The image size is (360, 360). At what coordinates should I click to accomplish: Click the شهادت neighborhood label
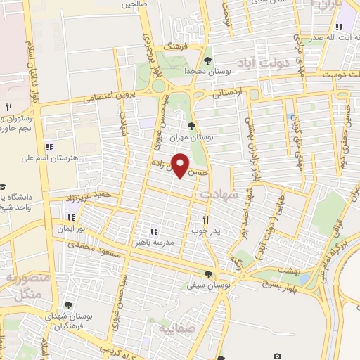click(x=219, y=191)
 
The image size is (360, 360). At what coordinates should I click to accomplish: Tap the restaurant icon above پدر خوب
click(x=206, y=219)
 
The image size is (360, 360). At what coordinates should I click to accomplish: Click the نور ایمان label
click(x=71, y=229)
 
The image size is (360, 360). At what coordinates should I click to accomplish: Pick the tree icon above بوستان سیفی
click(x=207, y=275)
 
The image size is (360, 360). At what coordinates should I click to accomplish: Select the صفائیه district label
click(x=174, y=328)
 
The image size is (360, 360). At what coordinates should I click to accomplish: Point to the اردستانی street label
click(x=226, y=91)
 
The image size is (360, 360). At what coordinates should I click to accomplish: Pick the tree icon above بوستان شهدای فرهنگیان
click(x=68, y=305)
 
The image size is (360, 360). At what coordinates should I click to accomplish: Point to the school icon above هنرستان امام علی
click(x=49, y=147)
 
